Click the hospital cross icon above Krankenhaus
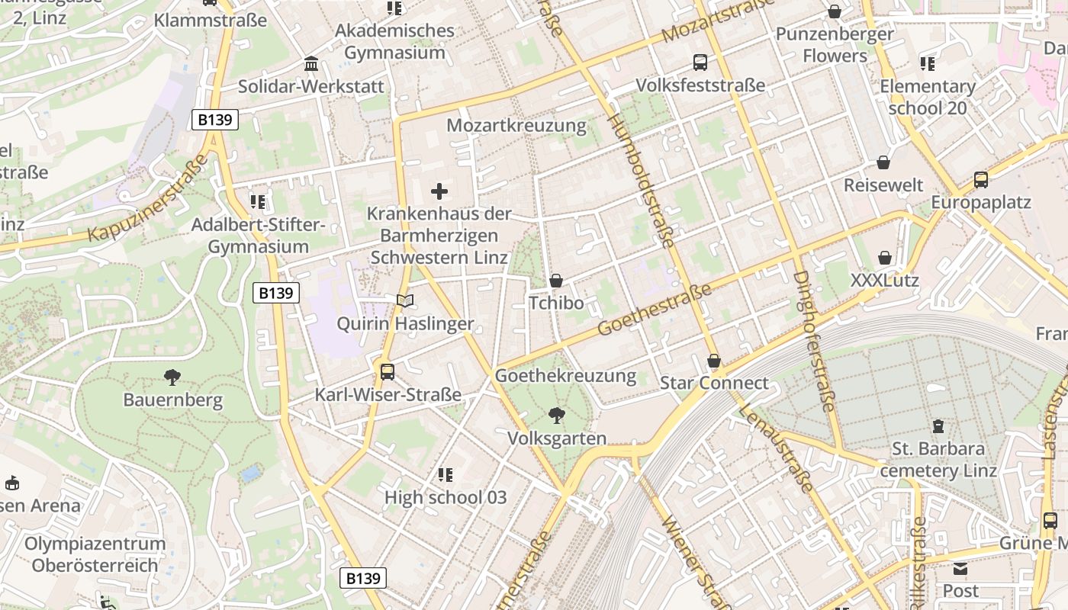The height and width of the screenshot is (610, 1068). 439,191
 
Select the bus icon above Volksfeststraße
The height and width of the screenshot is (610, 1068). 700,63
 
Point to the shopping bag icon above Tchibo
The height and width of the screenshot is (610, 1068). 556,281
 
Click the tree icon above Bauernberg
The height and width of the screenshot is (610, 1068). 172,377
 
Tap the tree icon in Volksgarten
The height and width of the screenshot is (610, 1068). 557,416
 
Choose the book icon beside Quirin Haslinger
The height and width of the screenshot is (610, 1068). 404,301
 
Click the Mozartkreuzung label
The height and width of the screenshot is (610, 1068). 516,125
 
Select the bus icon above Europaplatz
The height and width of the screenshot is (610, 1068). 981,180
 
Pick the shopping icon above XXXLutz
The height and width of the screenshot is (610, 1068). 885,258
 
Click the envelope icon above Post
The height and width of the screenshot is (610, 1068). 960,568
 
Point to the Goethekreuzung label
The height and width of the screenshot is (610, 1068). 565,375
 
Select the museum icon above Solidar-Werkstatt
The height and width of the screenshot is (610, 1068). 311,63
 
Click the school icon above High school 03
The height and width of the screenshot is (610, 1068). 446,475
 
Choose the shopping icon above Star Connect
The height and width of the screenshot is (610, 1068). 714,360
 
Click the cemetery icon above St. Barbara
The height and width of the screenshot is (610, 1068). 938,425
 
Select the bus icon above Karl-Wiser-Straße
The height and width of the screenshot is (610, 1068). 388,372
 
